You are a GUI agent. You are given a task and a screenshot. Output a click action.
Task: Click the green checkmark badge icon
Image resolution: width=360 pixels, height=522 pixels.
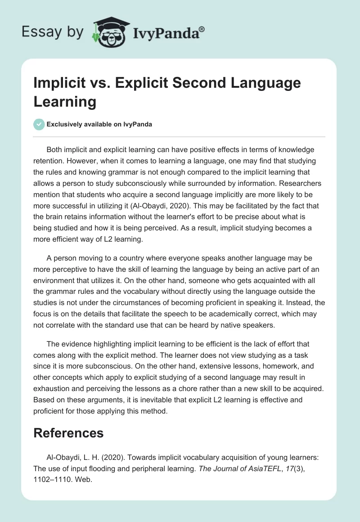[x=39, y=124]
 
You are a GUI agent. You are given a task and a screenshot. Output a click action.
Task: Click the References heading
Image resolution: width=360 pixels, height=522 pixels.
[x=68, y=433]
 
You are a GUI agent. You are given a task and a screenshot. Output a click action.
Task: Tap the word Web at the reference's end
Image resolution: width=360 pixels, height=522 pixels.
[x=85, y=481]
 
